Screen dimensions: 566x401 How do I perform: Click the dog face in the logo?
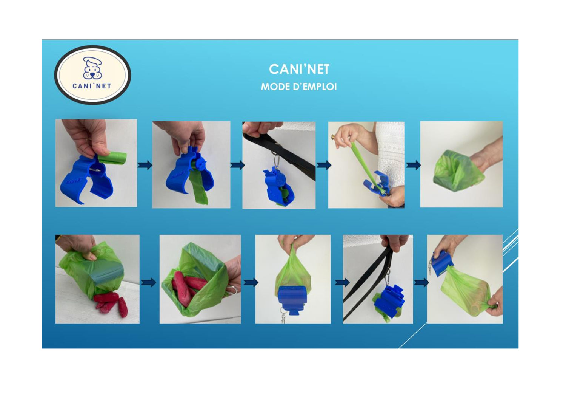click(92, 68)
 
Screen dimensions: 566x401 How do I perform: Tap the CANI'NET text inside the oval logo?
click(92, 86)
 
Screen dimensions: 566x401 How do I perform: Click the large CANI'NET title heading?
click(299, 69)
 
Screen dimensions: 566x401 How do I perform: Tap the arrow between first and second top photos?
click(145, 165)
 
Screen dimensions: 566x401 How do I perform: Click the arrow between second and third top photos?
click(237, 165)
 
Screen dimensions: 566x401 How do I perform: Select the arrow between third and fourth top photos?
click(324, 165)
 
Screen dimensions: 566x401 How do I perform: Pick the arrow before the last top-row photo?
click(414, 165)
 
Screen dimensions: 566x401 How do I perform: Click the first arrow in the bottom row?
click(149, 282)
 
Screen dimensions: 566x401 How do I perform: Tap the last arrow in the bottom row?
click(421, 282)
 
